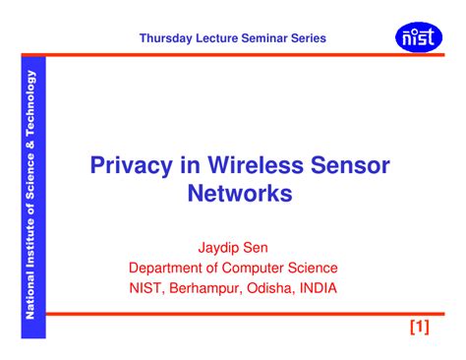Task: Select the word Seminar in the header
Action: (262, 38)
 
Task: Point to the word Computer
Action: (264, 267)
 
